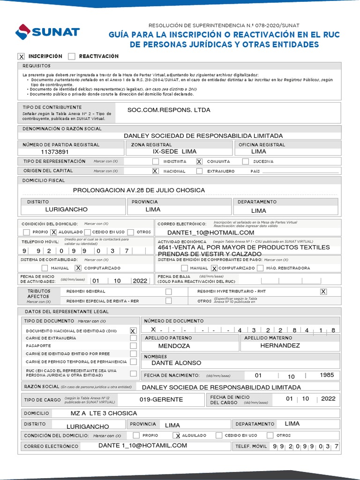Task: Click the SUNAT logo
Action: tap(47, 32)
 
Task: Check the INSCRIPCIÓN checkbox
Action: tap(21, 57)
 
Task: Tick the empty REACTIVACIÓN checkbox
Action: tap(71, 57)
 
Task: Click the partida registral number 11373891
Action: tap(55, 152)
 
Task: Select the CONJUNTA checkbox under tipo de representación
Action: tap(199, 161)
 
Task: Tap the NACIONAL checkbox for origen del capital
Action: tap(155, 171)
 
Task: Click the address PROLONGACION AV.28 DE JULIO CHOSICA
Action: tap(139, 190)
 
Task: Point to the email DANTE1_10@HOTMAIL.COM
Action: tap(210, 232)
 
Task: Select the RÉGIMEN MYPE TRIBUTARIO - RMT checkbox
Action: tap(323, 292)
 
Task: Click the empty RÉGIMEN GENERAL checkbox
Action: tap(168, 292)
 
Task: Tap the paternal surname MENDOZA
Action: tap(174, 346)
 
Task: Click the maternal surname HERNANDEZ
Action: tap(280, 345)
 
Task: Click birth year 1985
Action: tap(327, 375)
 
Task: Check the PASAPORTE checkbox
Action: tap(133, 345)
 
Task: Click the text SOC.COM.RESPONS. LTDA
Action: tap(169, 110)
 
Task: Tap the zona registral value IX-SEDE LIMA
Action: tap(175, 152)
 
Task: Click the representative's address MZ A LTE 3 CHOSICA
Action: tap(101, 413)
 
